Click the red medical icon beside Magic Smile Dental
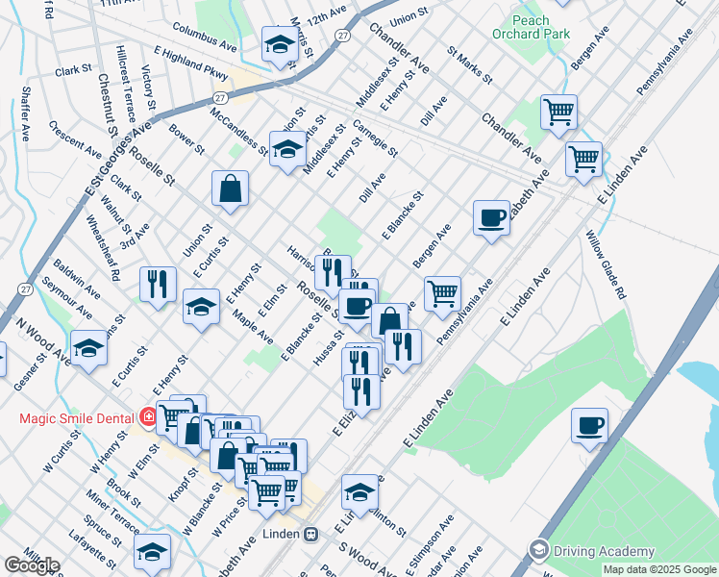147,417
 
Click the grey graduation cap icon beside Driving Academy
539,550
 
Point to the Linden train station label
281,534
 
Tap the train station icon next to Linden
311,534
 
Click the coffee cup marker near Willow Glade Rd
589,424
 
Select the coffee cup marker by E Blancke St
491,217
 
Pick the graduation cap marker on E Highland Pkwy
280,44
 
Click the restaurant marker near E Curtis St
158,284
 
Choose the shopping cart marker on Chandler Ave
558,112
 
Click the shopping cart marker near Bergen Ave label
442,293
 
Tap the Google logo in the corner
32,565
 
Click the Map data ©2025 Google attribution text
659,569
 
